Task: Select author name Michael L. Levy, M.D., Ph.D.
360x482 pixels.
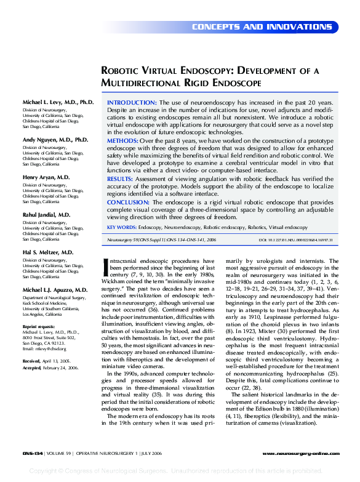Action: coord(58,102)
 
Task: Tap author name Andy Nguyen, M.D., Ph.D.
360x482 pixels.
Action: coord(55,140)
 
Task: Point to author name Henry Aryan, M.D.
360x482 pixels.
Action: coord(46,177)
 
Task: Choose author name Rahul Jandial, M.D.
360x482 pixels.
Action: coord(47,215)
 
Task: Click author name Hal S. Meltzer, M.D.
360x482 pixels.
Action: coord(48,252)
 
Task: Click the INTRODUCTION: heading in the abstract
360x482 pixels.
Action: coord(132,102)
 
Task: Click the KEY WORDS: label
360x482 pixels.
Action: coord(122,227)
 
